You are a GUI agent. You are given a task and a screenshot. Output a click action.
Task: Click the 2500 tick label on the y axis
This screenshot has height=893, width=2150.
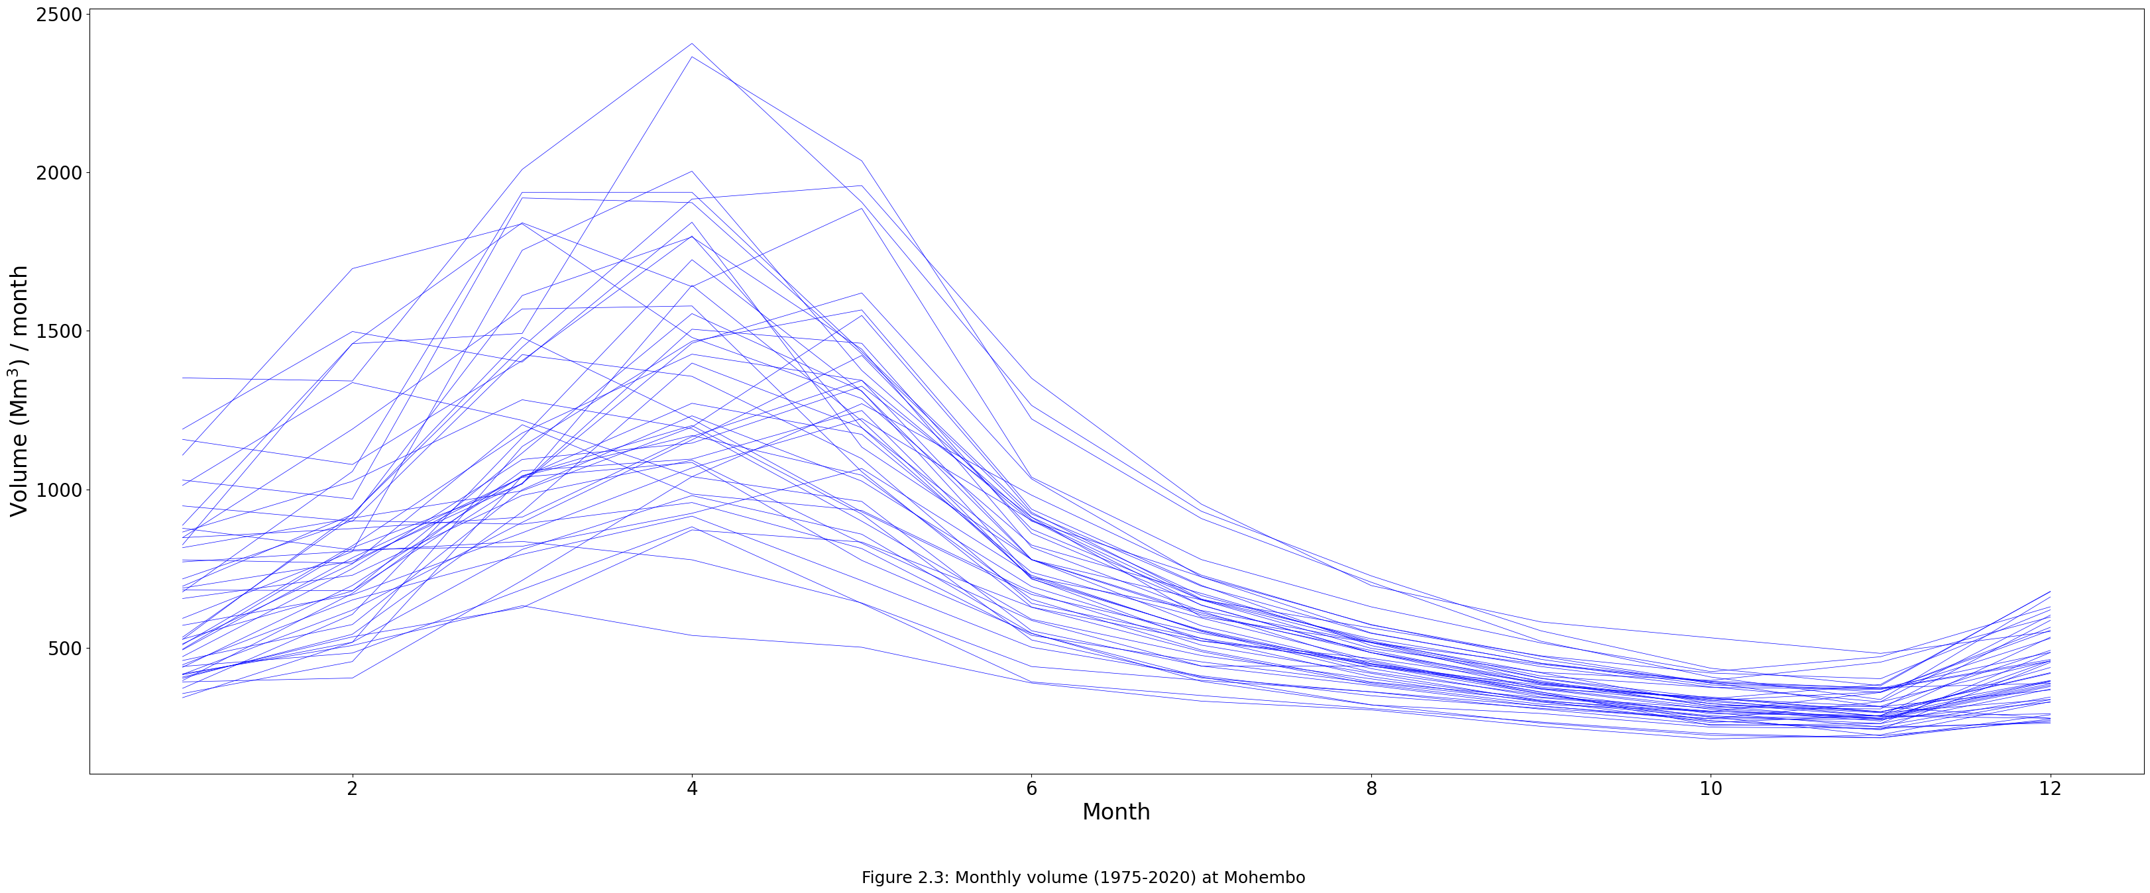click(x=59, y=15)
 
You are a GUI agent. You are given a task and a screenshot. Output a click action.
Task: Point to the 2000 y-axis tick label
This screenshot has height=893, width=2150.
click(x=59, y=174)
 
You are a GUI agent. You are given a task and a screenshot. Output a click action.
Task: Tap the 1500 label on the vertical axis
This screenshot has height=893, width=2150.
click(x=59, y=331)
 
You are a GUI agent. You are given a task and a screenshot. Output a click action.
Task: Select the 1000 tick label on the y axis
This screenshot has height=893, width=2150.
click(x=59, y=490)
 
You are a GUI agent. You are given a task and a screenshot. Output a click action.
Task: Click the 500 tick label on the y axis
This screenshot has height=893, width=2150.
click(x=65, y=649)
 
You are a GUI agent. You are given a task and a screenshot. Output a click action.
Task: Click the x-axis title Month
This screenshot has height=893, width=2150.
click(x=1116, y=812)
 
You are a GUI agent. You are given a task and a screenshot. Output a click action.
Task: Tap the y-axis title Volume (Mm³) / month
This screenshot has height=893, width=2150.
click(x=19, y=391)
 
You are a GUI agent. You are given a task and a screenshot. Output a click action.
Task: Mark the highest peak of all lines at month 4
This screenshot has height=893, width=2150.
click(x=692, y=44)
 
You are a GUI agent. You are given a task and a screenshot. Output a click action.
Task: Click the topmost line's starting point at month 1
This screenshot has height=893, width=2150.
click(x=183, y=378)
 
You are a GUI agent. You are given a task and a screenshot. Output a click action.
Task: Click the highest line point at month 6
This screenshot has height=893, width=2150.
click(x=1032, y=379)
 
